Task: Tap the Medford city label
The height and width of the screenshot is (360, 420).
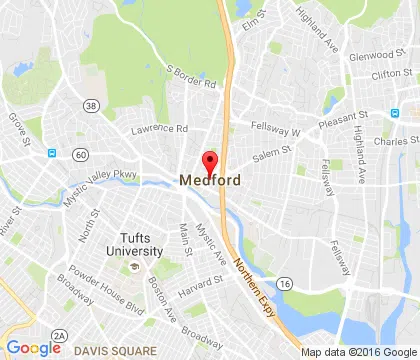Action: tap(210, 180)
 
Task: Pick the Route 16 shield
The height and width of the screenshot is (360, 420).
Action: tap(285, 285)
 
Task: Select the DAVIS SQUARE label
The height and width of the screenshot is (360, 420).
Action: tap(115, 350)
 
